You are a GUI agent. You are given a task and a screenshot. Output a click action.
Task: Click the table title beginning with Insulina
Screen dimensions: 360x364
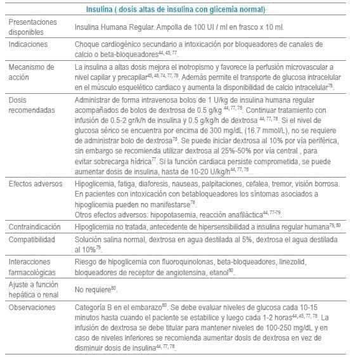pyautogui.click(x=176, y=10)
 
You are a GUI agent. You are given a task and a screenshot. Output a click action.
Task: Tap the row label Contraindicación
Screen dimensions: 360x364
pyautogui.click(x=37, y=226)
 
